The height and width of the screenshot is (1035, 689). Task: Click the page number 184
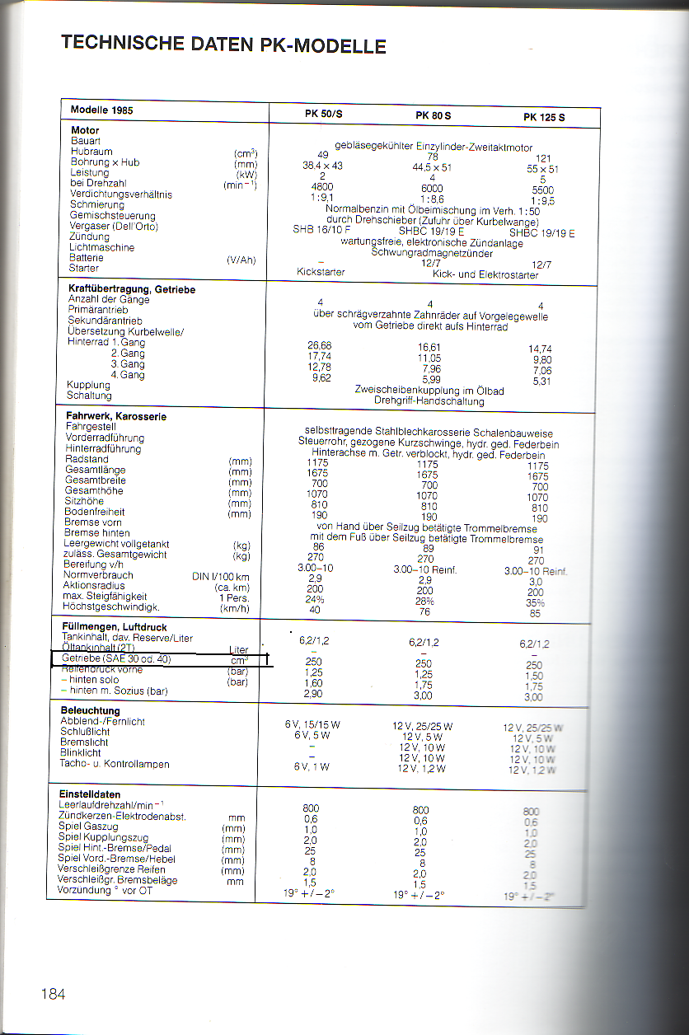coord(53,993)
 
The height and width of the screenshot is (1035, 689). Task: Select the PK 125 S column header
coord(544,117)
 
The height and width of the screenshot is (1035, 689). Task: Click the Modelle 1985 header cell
coord(101,110)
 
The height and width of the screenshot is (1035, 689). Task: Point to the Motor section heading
coord(85,130)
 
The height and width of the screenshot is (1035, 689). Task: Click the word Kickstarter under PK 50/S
coord(321,271)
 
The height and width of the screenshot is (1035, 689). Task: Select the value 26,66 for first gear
coord(319,344)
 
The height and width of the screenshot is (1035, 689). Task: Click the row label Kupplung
coord(88,385)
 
